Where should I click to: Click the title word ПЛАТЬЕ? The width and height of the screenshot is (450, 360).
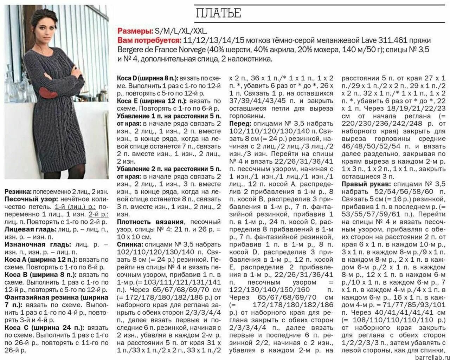pyautogui.click(x=218, y=13)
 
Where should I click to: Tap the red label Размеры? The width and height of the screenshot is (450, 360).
pyautogui.click(x=135, y=31)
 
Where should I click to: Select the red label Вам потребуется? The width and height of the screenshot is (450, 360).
pyautogui.click(x=149, y=40)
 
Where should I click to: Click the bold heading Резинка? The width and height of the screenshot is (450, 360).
pyautogui.click(x=18, y=192)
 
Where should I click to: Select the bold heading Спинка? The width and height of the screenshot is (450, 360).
pyautogui.click(x=130, y=244)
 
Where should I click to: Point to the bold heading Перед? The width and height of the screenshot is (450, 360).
pyautogui.click(x=240, y=124)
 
